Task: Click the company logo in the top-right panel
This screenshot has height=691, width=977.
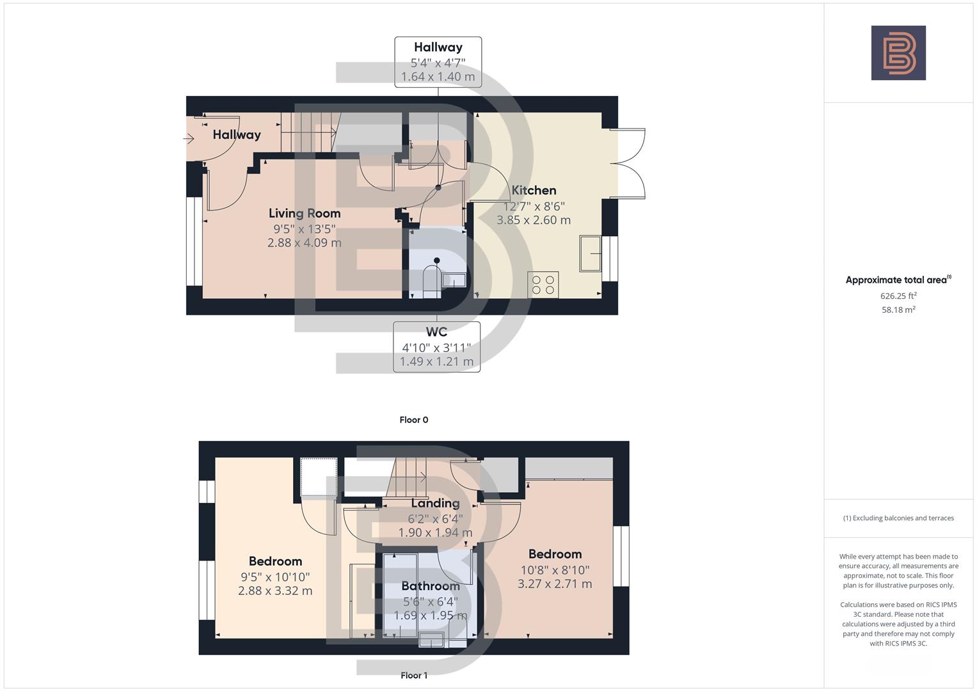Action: [898, 53]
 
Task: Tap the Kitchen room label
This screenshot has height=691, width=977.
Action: [534, 190]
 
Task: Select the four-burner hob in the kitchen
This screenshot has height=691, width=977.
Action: [543, 285]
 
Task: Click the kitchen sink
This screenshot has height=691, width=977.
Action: [591, 253]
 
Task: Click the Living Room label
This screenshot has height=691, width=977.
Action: [304, 213]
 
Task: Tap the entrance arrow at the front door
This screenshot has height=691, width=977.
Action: [189, 138]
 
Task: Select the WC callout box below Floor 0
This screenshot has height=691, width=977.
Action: [436, 346]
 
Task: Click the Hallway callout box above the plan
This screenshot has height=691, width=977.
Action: [438, 61]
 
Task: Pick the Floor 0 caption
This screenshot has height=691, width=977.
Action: [413, 420]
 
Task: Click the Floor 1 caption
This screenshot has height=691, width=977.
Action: [413, 675]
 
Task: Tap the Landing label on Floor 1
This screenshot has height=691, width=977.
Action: [435, 503]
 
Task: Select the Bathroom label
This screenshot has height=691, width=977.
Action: [430, 586]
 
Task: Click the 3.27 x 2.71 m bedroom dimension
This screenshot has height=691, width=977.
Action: [555, 584]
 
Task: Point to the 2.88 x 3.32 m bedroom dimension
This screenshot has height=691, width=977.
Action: [275, 591]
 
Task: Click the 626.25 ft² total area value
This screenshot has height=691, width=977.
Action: [898, 296]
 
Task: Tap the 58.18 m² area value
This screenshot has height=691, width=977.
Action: [898, 310]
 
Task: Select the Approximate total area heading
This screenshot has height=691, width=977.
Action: [898, 280]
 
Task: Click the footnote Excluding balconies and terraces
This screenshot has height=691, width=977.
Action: [898, 518]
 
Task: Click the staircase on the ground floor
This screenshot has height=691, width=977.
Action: [308, 132]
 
